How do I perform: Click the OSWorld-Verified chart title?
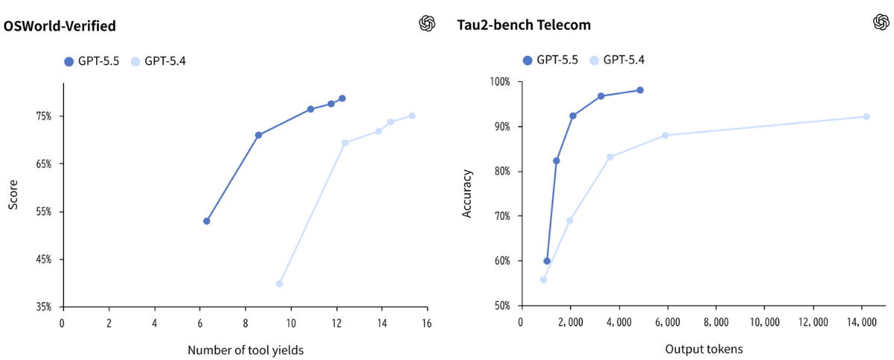[x=59, y=25]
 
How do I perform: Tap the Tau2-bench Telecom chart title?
[x=524, y=25]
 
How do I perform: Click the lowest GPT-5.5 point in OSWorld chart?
[x=206, y=221]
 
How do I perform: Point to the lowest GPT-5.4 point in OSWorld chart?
[x=279, y=283]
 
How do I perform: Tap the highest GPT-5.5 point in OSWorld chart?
[x=342, y=98]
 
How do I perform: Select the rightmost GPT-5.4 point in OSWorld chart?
[x=412, y=116]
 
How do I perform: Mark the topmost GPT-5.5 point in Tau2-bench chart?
[x=640, y=90]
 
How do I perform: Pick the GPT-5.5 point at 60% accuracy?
[x=547, y=261]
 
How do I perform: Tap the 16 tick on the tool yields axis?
[x=427, y=323]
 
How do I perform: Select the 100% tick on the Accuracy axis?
[x=498, y=81]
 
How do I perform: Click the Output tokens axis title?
[x=703, y=348]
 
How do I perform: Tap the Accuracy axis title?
[x=467, y=194]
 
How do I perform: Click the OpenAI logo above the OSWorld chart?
[x=427, y=24]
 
